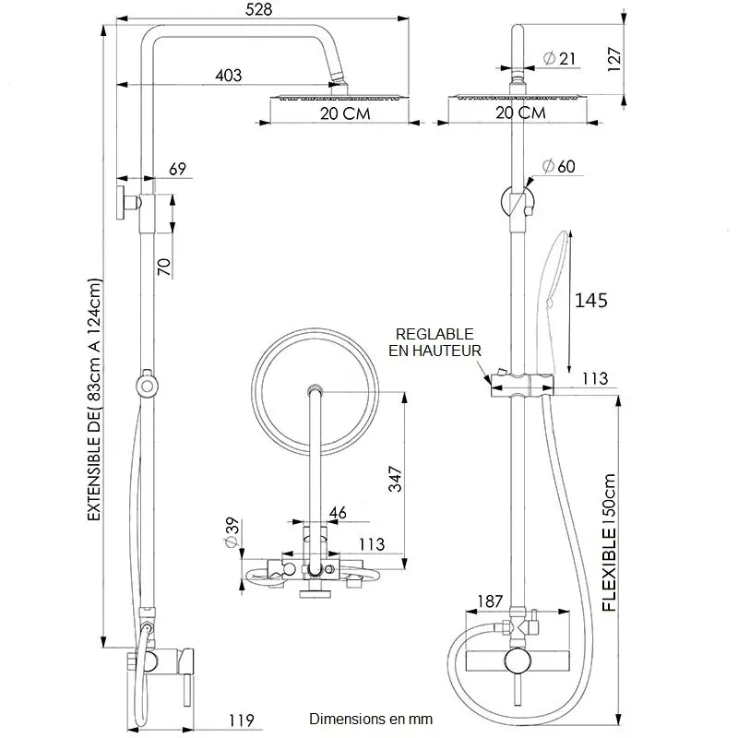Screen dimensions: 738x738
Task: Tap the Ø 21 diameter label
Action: (x=560, y=58)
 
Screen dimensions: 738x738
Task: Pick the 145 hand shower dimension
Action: (x=591, y=301)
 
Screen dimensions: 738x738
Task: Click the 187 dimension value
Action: (x=490, y=601)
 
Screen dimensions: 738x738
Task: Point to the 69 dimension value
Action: (x=178, y=169)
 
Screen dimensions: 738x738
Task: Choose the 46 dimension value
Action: (x=338, y=513)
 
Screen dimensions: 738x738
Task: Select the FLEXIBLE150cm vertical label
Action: (x=610, y=543)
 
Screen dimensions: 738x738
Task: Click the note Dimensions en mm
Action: (x=371, y=719)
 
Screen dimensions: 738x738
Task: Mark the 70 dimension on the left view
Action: (x=163, y=267)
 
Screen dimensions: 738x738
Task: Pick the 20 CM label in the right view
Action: (x=519, y=113)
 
